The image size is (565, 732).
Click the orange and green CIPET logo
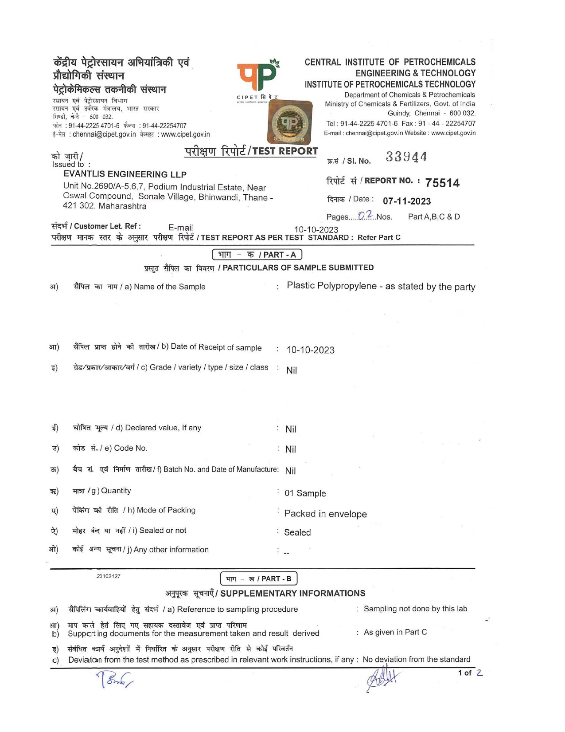[258, 77]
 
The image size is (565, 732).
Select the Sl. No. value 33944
[406, 157]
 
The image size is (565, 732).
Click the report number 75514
[442, 183]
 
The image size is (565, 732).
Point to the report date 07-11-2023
[407, 201]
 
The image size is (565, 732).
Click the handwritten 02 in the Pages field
[366, 216]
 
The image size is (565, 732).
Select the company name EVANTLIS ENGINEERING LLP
[125, 174]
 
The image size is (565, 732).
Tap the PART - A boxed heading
[257, 255]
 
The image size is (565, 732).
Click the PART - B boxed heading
[258, 579]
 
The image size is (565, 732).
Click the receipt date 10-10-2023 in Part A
[310, 350]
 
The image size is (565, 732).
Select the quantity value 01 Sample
[305, 493]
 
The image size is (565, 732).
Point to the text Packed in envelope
[325, 514]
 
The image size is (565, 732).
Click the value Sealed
[297, 532]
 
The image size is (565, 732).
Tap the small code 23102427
[109, 576]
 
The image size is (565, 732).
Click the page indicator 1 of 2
[470, 673]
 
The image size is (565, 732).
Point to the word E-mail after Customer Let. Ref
[181, 228]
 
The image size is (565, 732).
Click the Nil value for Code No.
[291, 449]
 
